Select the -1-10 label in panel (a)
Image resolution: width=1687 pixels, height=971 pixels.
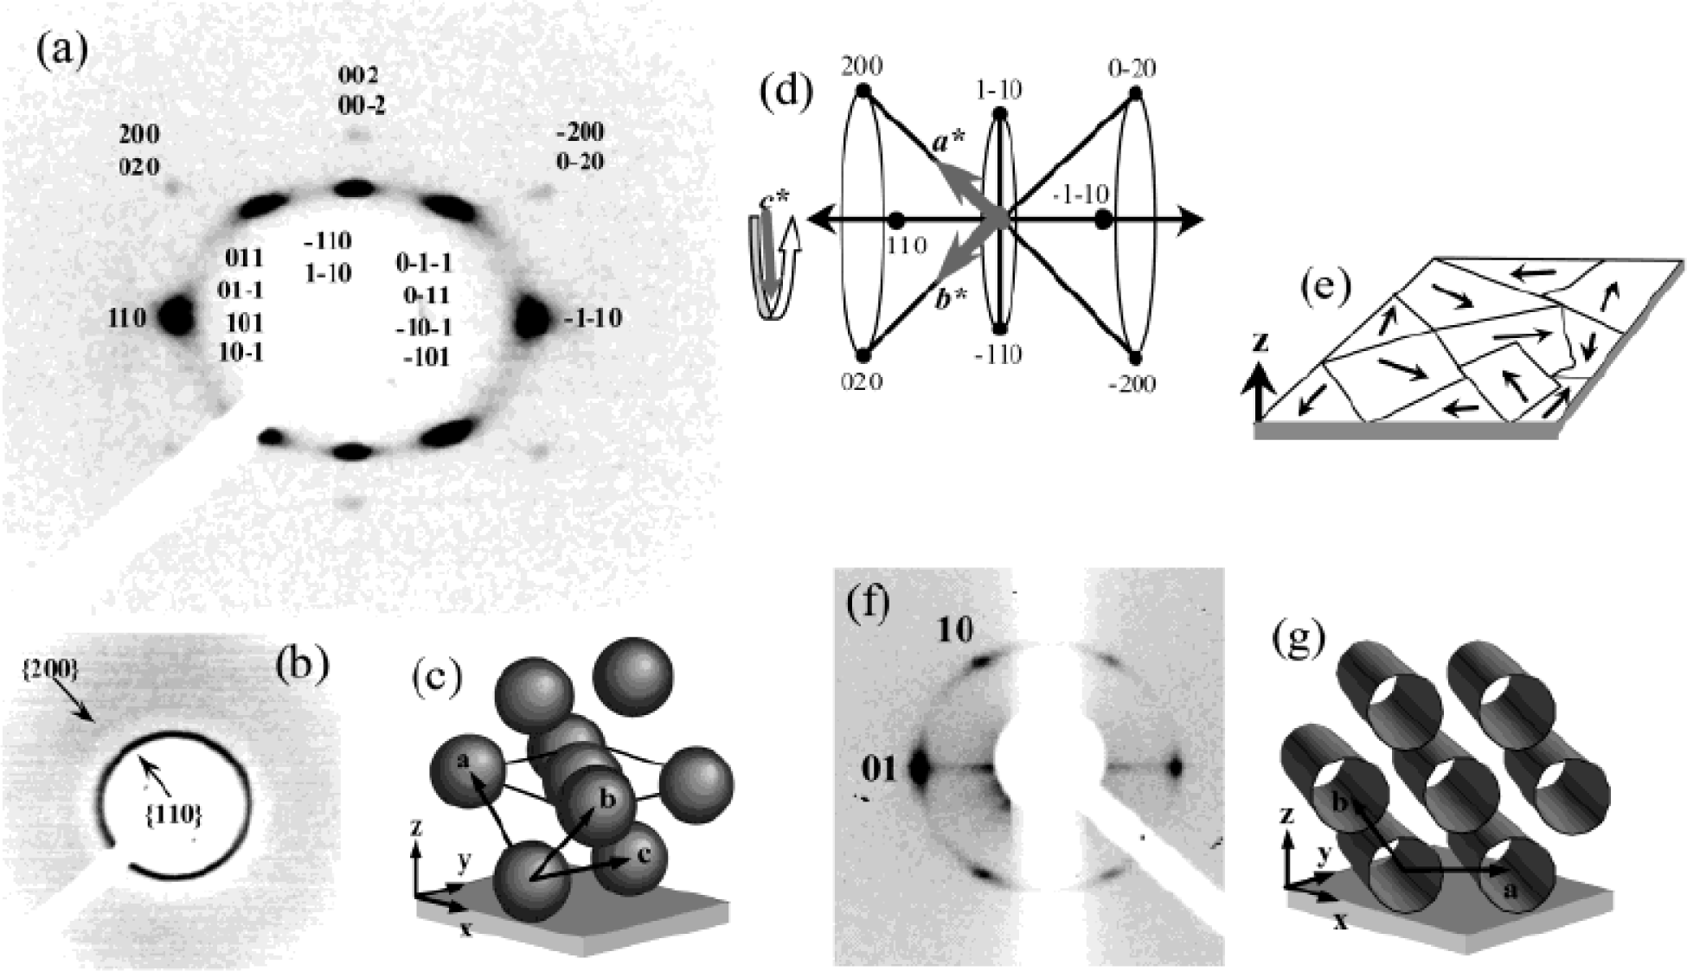point(593,318)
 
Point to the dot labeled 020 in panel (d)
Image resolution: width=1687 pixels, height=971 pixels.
point(862,355)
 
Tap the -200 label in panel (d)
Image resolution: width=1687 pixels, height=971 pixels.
point(1131,383)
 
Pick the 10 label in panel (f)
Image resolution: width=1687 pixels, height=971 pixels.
point(955,630)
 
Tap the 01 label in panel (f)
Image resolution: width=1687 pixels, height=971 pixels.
point(879,768)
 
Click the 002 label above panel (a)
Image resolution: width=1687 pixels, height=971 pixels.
point(359,75)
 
